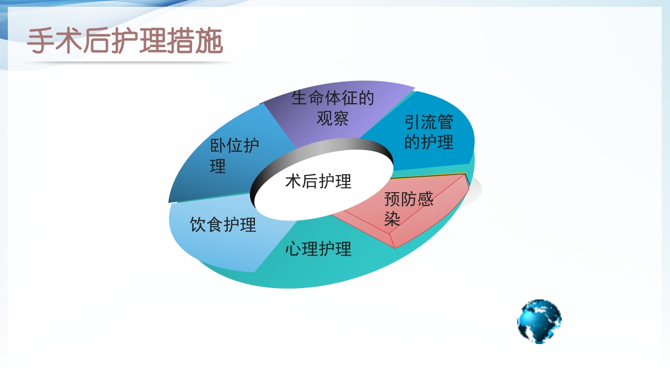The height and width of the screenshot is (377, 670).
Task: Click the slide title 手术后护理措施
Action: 125,41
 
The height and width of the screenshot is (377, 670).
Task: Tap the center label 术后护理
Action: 318,181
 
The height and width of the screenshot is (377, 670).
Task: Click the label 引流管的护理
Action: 429,132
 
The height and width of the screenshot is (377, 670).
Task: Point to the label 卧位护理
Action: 234,156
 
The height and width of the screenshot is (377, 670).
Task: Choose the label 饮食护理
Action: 223,225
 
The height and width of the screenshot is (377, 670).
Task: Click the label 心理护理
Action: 318,249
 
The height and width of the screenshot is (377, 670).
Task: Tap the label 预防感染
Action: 408,208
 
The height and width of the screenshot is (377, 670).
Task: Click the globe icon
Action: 539,321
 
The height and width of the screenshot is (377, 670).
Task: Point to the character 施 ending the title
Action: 210,41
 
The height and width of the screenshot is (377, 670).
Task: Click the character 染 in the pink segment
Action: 392,218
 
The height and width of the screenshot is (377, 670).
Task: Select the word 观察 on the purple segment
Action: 332,118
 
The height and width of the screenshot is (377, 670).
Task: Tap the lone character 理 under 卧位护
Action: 218,166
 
